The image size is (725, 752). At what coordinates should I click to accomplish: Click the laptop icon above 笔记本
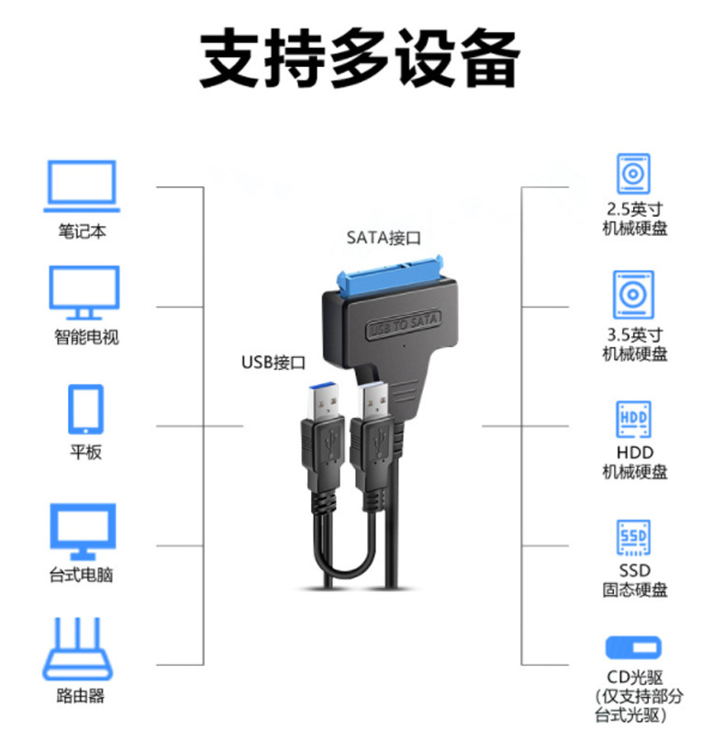pos(83,185)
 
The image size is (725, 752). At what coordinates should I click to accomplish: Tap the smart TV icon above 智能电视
pos(84,292)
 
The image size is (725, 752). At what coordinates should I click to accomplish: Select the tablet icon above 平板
pos(85,409)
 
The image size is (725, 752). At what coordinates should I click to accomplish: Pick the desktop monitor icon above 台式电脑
pos(83,531)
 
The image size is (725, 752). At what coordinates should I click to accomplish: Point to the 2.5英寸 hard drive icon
pos(633,174)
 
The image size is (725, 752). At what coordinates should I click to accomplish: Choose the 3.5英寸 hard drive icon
pos(633,294)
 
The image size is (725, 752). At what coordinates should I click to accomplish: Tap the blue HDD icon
pos(633,419)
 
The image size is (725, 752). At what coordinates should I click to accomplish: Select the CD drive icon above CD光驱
pos(633,648)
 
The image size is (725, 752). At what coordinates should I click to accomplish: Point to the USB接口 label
pos(273,362)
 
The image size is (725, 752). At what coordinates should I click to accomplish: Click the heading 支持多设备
pos(361,60)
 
